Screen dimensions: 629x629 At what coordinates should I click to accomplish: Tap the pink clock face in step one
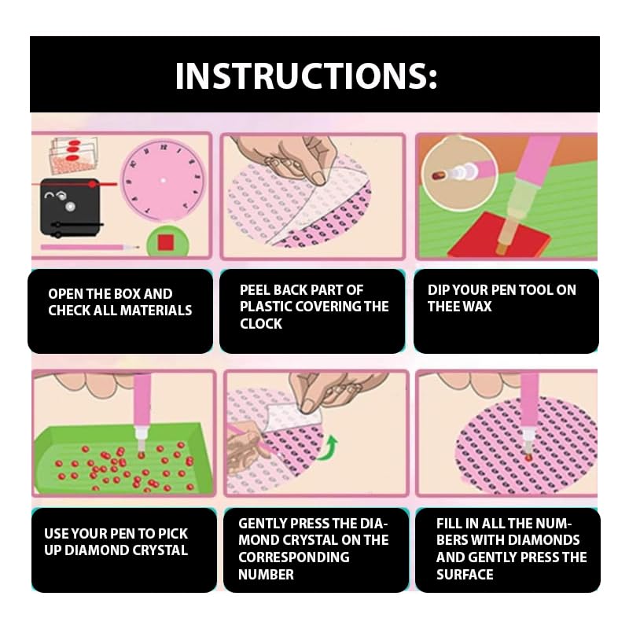(x=163, y=180)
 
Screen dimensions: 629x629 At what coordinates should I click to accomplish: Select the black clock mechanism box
(x=70, y=208)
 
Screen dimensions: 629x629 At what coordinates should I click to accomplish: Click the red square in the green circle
(x=166, y=242)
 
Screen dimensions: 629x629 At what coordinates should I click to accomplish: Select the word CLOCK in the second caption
(x=261, y=324)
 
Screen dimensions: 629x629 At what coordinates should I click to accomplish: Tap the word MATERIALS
(x=156, y=311)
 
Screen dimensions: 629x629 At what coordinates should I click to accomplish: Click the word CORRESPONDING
(x=293, y=557)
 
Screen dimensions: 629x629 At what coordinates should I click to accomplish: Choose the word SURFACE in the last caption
(x=465, y=575)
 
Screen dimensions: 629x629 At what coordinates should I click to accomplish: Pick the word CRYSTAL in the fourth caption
(x=160, y=550)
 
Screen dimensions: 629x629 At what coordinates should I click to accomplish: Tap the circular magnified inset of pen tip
(x=459, y=173)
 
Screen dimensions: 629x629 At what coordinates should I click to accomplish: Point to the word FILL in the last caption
(x=448, y=524)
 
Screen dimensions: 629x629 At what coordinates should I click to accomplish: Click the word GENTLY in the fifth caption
(x=262, y=524)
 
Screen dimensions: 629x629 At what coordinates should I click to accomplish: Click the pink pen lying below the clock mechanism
(x=90, y=248)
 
